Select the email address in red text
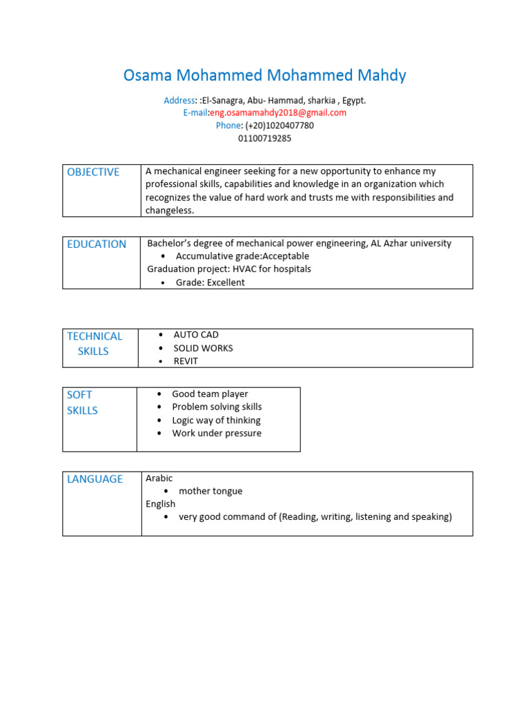click(278, 113)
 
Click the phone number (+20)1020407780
click(279, 126)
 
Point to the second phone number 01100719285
click(265, 138)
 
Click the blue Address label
click(179, 100)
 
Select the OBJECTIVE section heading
click(93, 172)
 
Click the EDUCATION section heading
click(97, 244)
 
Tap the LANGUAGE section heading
click(95, 478)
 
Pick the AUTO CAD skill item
click(196, 335)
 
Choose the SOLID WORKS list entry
click(203, 348)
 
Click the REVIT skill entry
click(186, 361)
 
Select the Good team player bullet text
click(210, 394)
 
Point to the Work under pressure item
click(217, 433)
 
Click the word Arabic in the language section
click(159, 478)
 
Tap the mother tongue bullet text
click(210, 491)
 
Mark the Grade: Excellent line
click(210, 282)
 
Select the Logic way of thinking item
click(216, 420)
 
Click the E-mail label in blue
click(195, 113)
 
